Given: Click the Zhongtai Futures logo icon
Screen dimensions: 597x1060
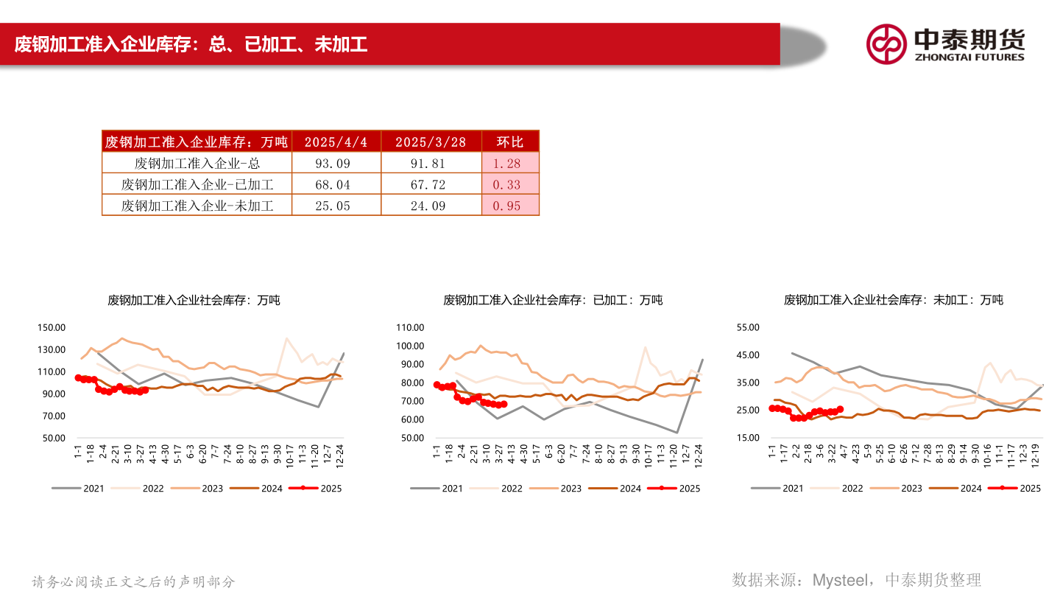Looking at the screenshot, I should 886,44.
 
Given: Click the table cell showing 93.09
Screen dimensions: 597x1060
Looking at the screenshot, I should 336,164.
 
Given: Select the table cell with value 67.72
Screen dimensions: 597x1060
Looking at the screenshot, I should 431,185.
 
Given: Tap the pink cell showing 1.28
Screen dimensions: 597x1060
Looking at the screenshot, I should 510,164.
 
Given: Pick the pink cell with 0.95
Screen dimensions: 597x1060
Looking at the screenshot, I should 510,206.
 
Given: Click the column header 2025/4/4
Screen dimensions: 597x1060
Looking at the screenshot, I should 336,142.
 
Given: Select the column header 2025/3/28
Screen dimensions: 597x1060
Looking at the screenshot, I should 431,142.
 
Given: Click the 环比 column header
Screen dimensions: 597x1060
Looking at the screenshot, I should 510,142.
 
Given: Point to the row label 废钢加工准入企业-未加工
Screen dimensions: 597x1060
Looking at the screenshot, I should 197,206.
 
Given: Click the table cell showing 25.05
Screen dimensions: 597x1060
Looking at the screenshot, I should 336,206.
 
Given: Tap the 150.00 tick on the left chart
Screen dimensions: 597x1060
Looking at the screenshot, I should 52,328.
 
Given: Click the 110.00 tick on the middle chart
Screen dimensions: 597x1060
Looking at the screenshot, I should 411,328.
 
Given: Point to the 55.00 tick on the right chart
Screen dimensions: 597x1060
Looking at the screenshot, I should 747,328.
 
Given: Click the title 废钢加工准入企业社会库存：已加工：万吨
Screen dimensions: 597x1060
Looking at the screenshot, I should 553,300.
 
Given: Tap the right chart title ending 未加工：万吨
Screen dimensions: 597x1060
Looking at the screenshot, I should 893,300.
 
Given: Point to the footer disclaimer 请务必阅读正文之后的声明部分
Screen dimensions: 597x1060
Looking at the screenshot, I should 133,582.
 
